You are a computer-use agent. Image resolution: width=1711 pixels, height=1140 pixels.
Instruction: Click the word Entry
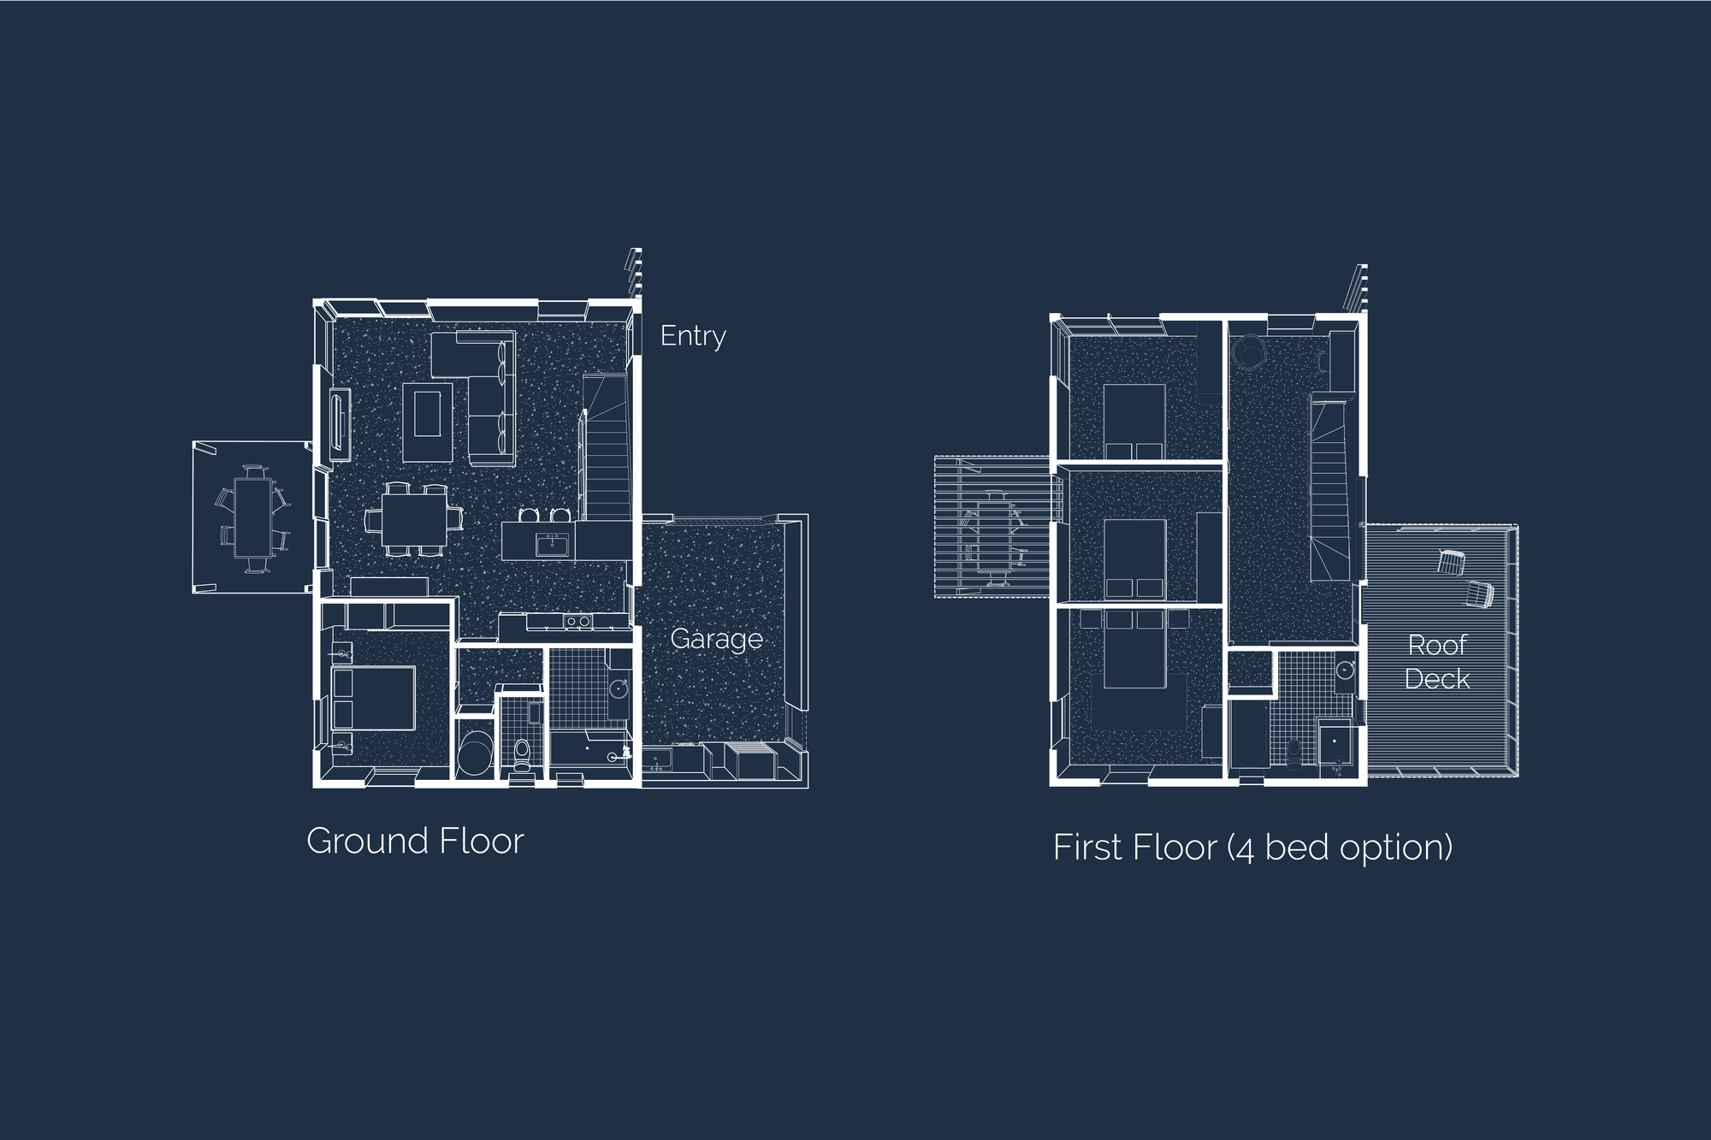[x=693, y=336]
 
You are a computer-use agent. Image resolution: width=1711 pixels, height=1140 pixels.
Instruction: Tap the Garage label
[x=716, y=639]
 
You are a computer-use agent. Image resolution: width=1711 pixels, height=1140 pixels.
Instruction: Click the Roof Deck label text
[x=1437, y=661]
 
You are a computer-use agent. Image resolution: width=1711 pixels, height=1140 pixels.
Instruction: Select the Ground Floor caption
[x=415, y=841]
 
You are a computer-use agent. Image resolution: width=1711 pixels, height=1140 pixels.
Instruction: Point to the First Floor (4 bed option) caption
[x=1252, y=848]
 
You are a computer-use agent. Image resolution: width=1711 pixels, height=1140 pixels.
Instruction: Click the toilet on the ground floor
[x=521, y=753]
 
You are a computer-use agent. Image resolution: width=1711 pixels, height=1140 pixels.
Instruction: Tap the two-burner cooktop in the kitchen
[x=577, y=622]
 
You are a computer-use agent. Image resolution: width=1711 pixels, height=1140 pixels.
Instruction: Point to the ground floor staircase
[x=607, y=445]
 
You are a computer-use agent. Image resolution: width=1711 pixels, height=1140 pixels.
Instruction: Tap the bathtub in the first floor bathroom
[x=1248, y=736]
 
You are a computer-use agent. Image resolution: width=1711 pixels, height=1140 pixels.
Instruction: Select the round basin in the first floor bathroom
[x=1345, y=670]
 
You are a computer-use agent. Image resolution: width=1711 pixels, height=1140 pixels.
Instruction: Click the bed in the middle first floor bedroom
[x=1134, y=558]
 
